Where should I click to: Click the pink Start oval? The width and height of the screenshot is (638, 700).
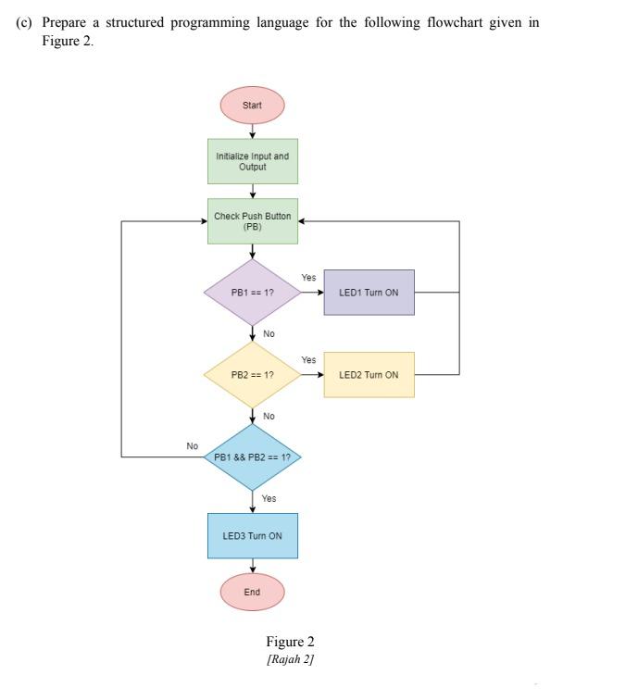252,105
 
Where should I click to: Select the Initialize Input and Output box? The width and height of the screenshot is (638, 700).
252,161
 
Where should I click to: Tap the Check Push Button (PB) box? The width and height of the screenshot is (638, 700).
252,221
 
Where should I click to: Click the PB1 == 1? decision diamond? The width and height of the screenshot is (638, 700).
252,293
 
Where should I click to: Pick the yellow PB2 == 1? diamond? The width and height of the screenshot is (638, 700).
252,375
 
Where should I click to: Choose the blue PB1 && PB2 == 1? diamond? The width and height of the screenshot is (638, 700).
252,457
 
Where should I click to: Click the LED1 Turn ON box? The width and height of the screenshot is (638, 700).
369,293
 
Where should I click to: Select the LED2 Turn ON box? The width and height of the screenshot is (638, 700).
369,375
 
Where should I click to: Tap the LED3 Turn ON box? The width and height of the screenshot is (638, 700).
252,536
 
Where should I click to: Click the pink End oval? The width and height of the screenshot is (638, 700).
252,592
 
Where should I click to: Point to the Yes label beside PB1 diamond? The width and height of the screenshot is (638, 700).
308,278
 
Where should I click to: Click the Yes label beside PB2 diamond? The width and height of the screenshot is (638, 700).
308,360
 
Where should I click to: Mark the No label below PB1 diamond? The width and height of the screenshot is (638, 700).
269,333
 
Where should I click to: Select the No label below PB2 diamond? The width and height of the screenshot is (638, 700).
269,416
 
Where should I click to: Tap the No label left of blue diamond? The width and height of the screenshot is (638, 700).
192,446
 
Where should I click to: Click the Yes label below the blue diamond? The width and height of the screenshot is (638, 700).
269,498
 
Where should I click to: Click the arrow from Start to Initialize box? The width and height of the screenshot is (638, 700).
252,131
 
